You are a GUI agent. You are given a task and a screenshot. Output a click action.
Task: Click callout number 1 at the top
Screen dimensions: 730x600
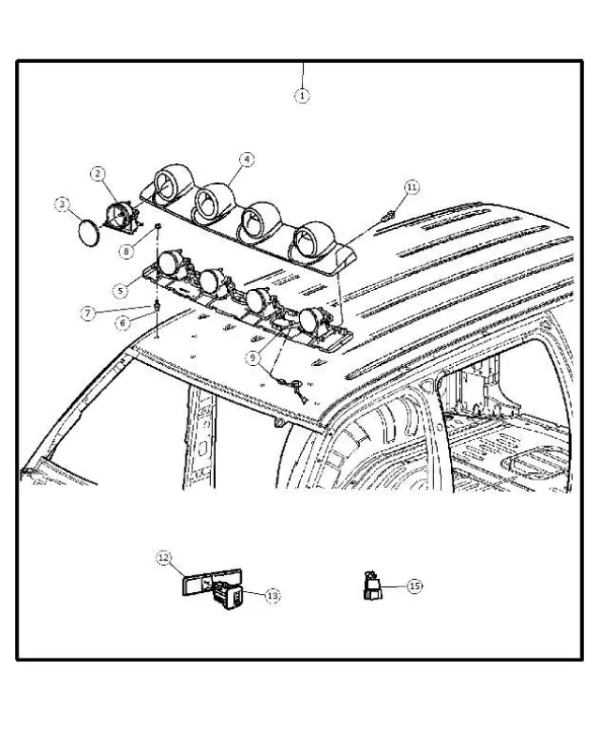point(302,96)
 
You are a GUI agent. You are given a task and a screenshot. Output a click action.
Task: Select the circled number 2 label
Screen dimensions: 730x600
point(98,174)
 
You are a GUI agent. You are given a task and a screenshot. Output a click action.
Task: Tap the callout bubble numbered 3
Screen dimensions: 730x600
point(63,203)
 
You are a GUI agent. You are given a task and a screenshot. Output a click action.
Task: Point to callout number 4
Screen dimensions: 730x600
point(246,160)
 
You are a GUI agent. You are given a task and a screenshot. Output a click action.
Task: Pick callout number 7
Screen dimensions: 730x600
point(87,312)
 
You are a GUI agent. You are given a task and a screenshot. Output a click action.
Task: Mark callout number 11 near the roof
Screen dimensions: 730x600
point(411,188)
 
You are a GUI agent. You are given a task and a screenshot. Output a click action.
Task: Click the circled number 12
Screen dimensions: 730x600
point(163,558)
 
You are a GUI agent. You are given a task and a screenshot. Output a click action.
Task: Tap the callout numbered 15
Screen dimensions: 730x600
point(413,585)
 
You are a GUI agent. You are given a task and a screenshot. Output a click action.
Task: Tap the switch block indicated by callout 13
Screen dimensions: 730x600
point(231,592)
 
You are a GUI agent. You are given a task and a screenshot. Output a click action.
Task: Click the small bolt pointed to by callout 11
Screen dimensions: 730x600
point(388,217)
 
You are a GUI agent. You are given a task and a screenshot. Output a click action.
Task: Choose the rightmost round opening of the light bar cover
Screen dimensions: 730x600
point(307,241)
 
